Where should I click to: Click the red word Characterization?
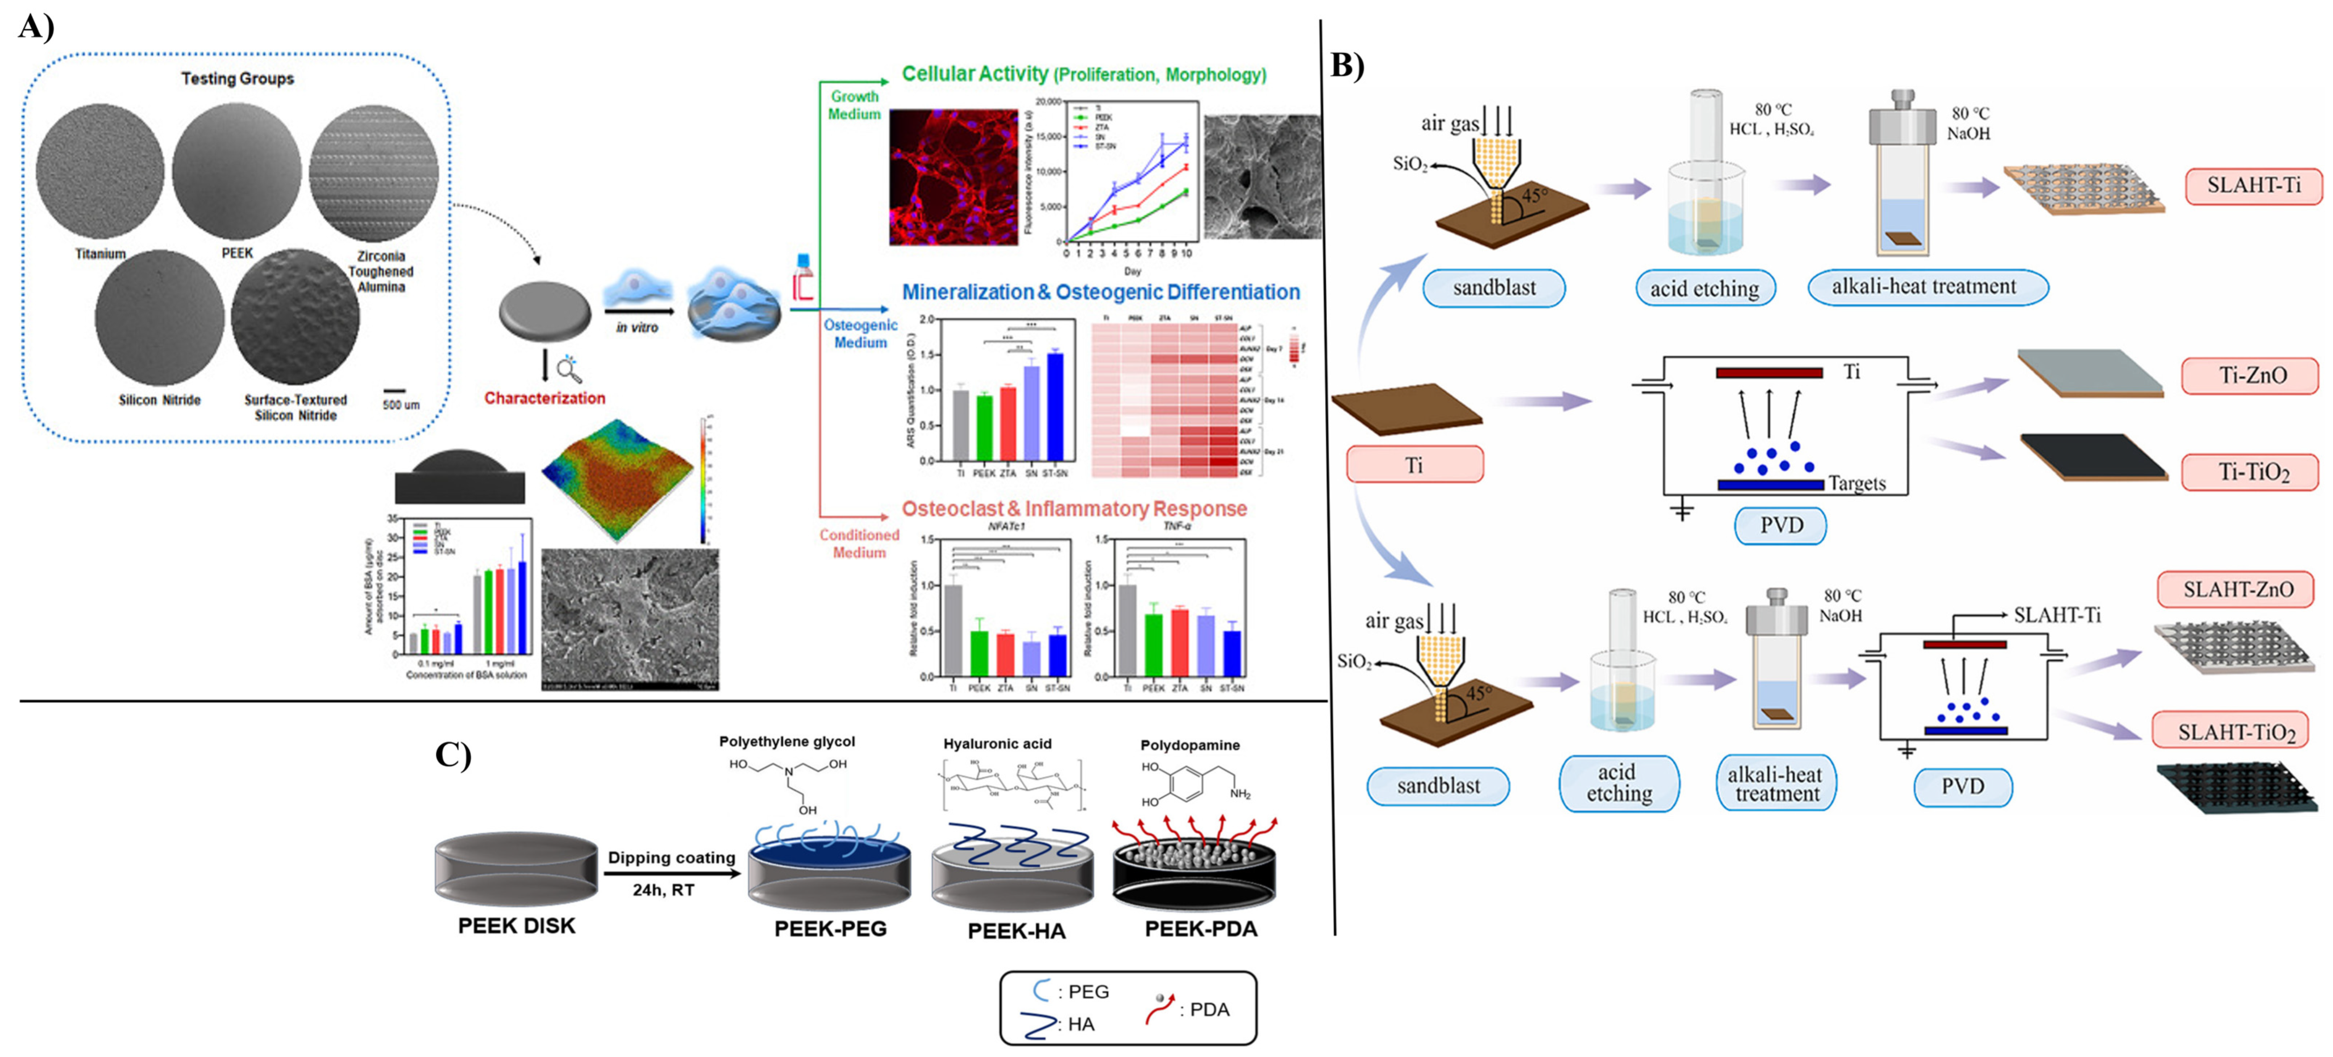coord(544,398)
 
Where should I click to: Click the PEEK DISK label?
coord(516,926)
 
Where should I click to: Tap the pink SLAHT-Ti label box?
coord(2252,186)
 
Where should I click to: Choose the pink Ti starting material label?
coord(1414,465)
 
